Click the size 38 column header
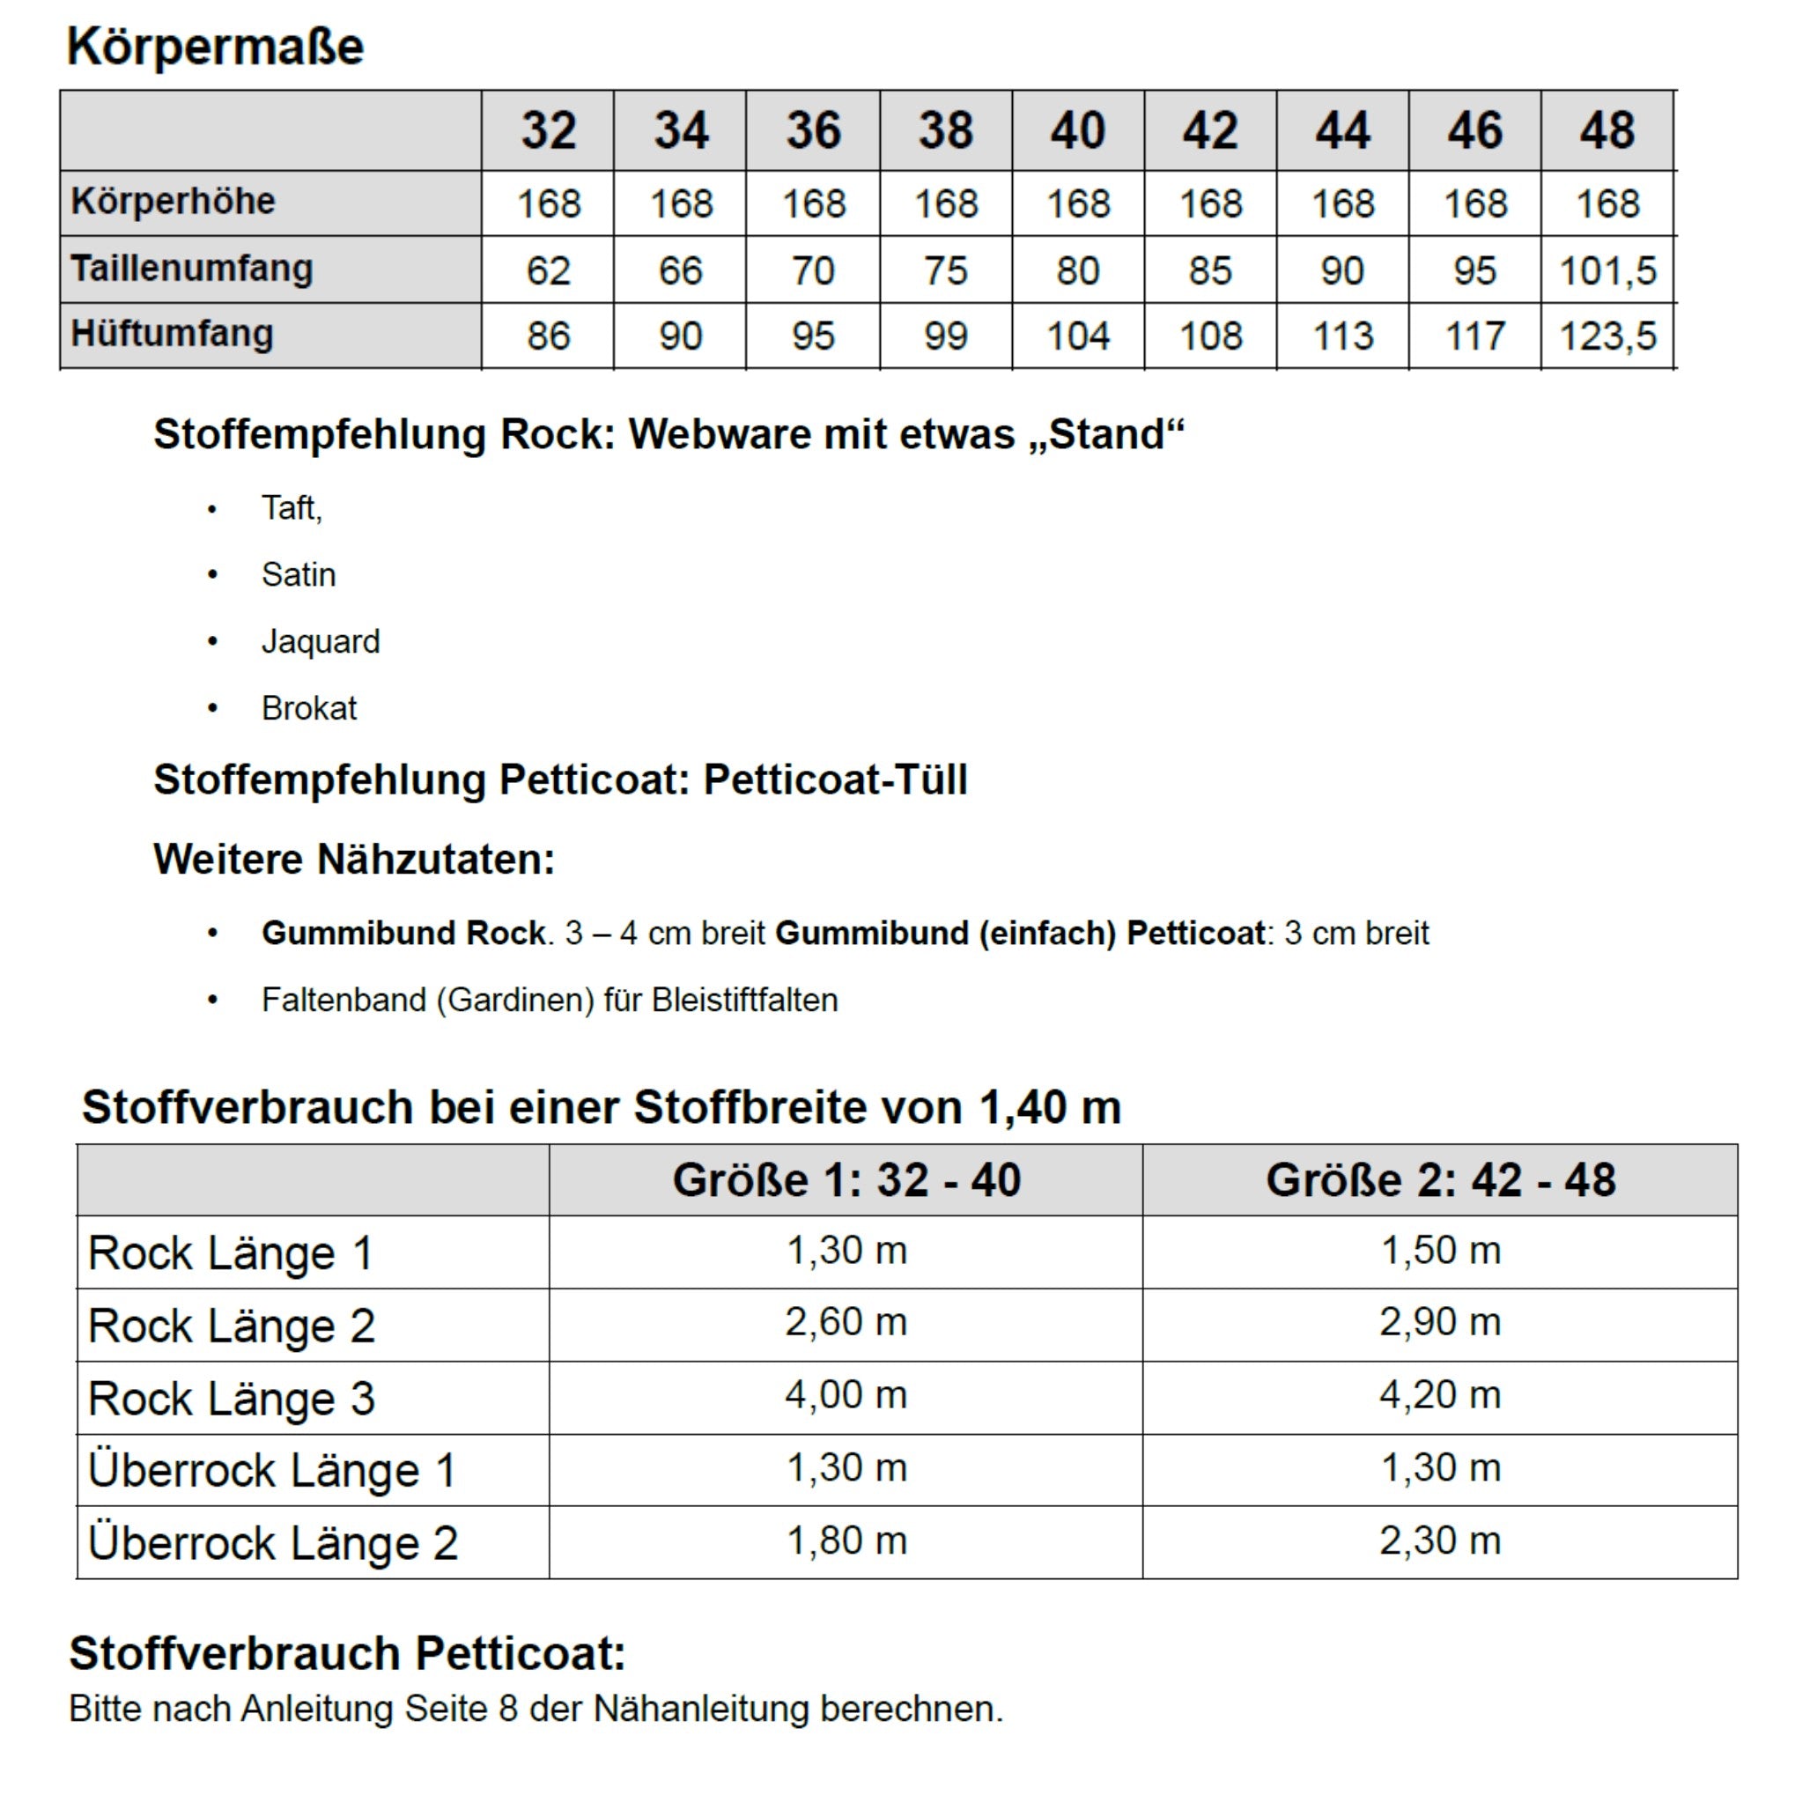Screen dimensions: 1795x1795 coord(946,131)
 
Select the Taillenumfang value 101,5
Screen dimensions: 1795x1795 coord(1607,271)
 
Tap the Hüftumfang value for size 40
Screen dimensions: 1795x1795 coord(1078,336)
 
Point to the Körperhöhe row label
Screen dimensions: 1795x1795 coord(174,202)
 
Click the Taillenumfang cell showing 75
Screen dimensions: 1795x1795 coord(946,271)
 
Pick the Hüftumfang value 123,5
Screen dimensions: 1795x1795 coord(1607,336)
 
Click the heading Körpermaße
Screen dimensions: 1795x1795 coord(216,47)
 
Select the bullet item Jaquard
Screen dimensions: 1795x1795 coord(321,642)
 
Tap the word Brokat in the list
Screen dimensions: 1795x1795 coord(309,709)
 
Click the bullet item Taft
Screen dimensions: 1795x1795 coord(291,508)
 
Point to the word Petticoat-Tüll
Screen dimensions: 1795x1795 coord(835,779)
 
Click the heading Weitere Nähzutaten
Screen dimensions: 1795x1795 coord(354,860)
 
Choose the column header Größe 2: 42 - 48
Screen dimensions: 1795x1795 coord(1440,1181)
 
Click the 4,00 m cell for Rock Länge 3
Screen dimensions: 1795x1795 coord(846,1395)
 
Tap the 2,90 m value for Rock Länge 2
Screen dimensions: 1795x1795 coord(1440,1322)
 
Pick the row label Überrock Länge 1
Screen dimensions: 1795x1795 coord(272,1471)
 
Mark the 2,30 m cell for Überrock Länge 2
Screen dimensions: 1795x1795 coord(1440,1541)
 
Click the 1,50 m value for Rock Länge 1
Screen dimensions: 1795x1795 coord(1440,1251)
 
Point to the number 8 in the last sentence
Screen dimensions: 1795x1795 coord(507,1710)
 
